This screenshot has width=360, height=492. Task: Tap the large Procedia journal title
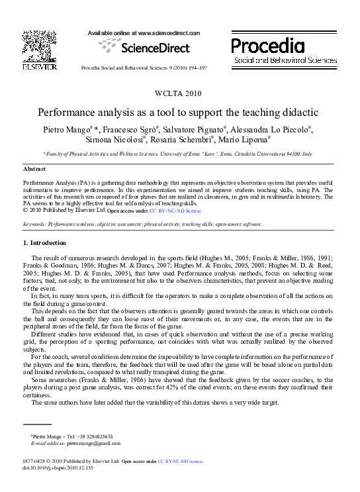(267, 46)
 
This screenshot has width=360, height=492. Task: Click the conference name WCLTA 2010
(179, 93)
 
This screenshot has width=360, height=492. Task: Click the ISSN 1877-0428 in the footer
(36, 460)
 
